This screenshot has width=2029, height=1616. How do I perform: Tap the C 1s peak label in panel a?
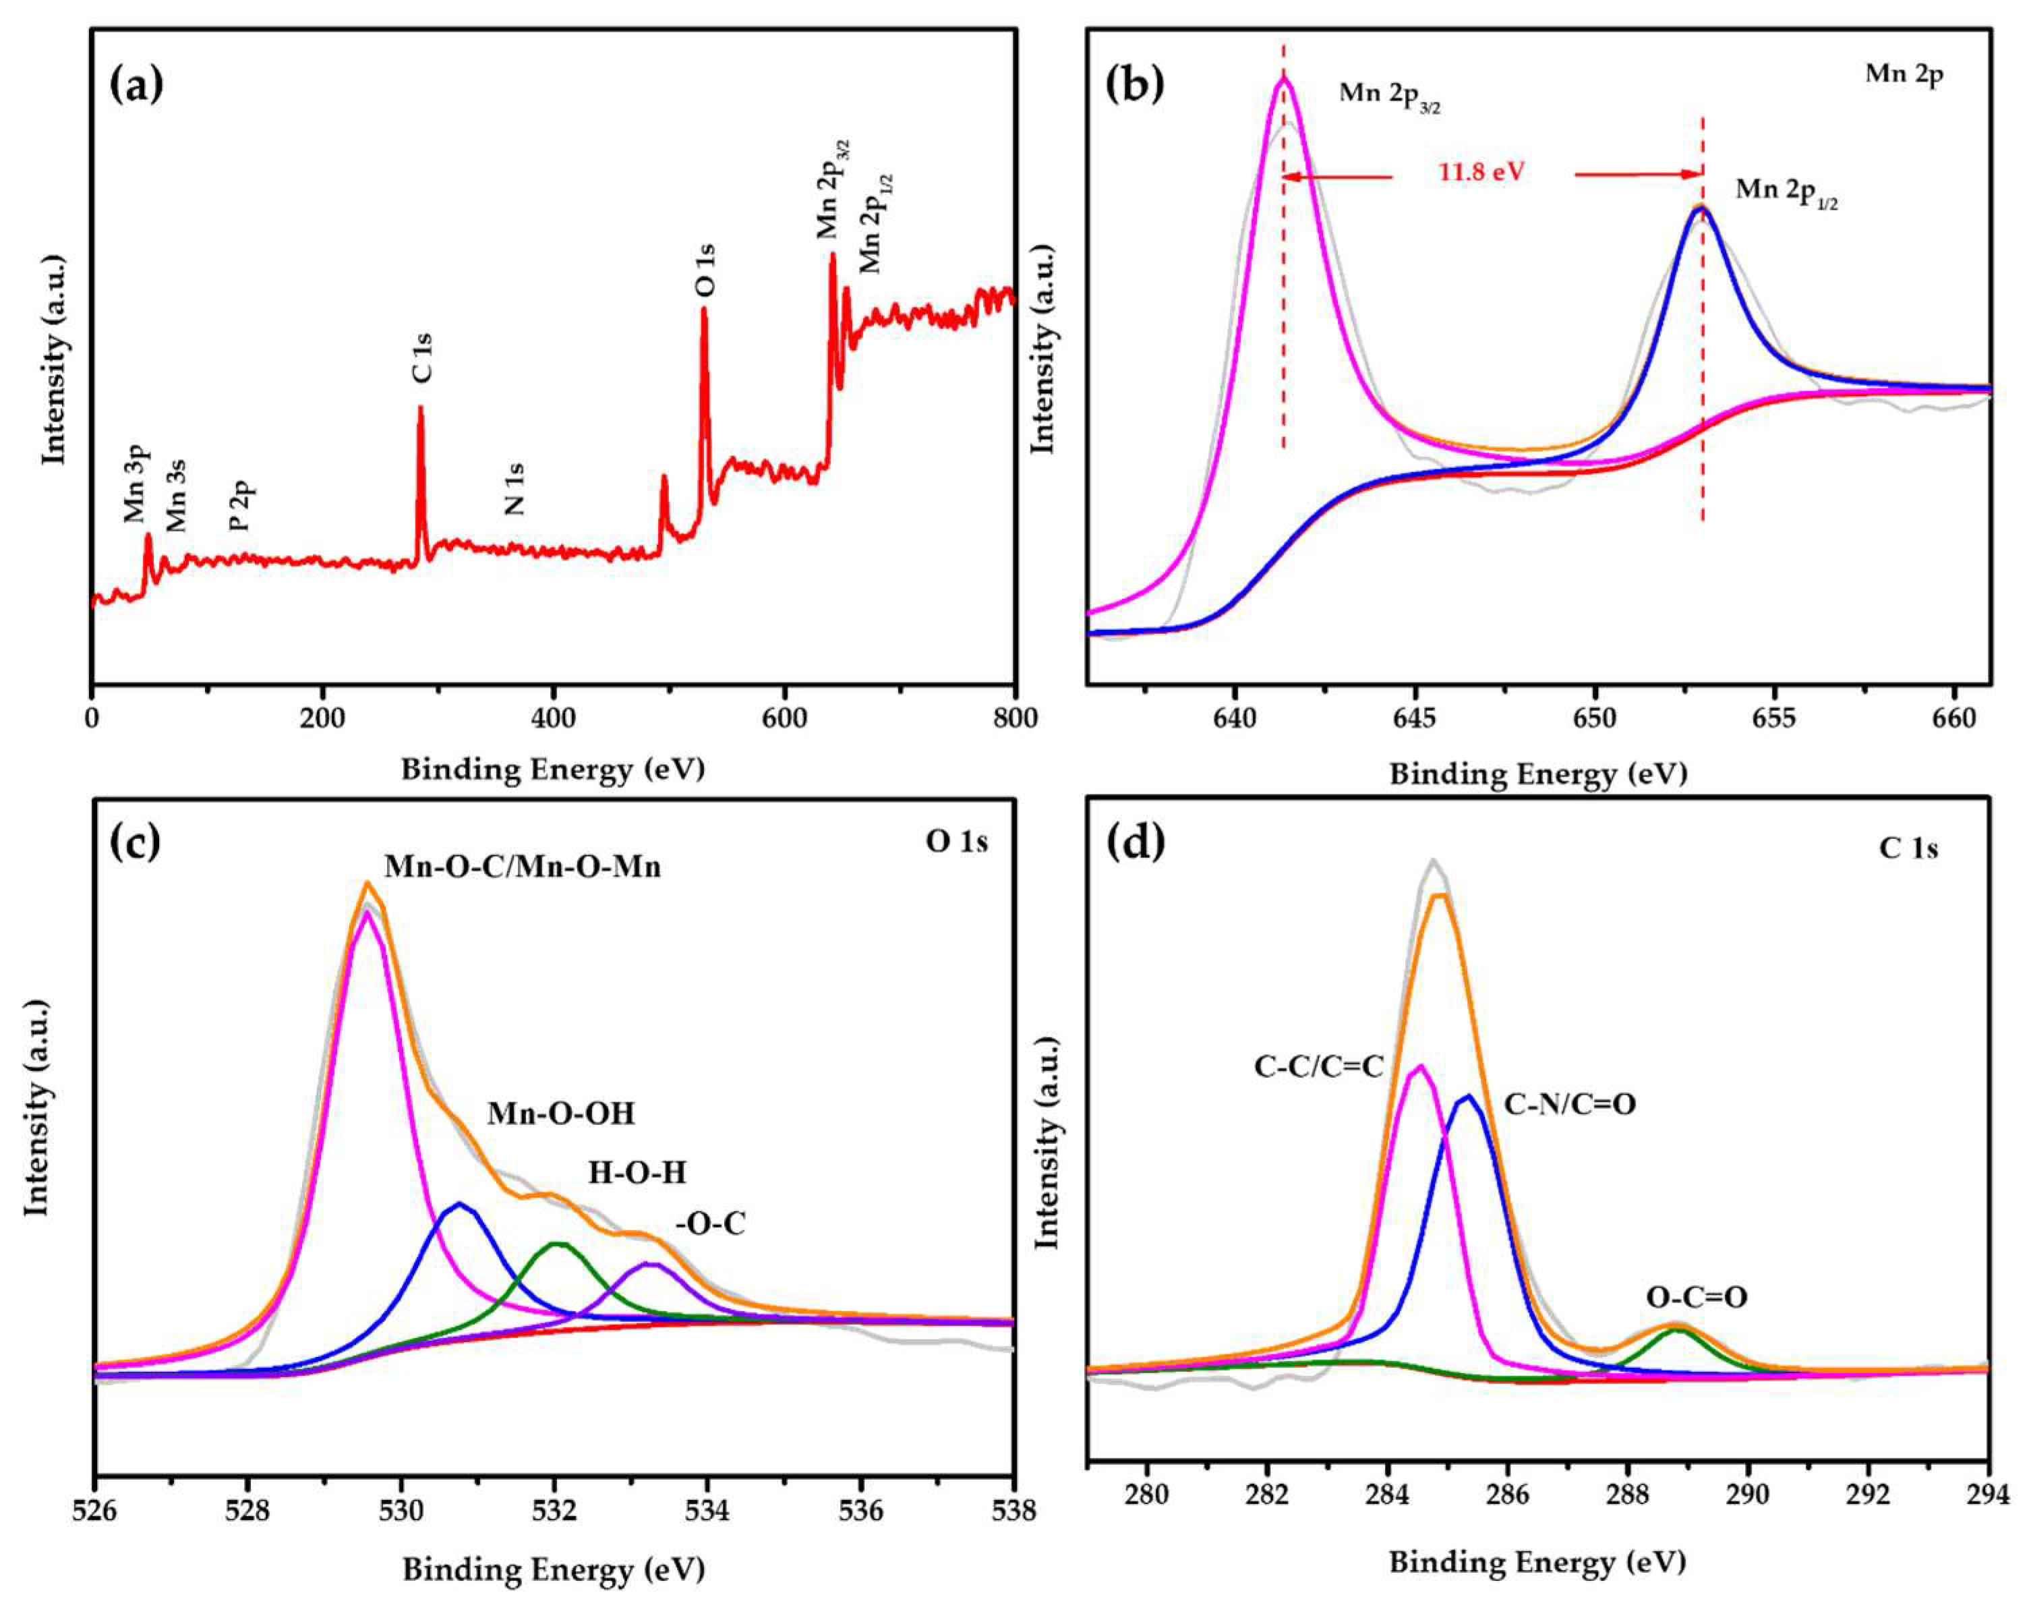pyautogui.click(x=423, y=357)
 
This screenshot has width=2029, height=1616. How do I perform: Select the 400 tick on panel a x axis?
pyautogui.click(x=554, y=718)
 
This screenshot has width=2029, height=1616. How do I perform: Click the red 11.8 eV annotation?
pyautogui.click(x=1481, y=172)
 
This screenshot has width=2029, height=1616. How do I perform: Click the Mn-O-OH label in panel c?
pyautogui.click(x=561, y=1114)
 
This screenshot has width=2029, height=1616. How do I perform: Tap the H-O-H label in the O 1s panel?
pyautogui.click(x=637, y=1173)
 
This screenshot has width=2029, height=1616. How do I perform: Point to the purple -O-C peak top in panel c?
pyautogui.click(x=649, y=1264)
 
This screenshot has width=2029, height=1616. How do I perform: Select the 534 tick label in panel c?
pyautogui.click(x=708, y=1511)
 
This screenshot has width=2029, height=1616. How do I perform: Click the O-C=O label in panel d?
pyautogui.click(x=1697, y=1297)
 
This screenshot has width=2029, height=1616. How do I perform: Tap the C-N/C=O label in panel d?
pyautogui.click(x=1570, y=1104)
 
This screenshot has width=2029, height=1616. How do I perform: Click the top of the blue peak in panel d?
pyautogui.click(x=1468, y=1095)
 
